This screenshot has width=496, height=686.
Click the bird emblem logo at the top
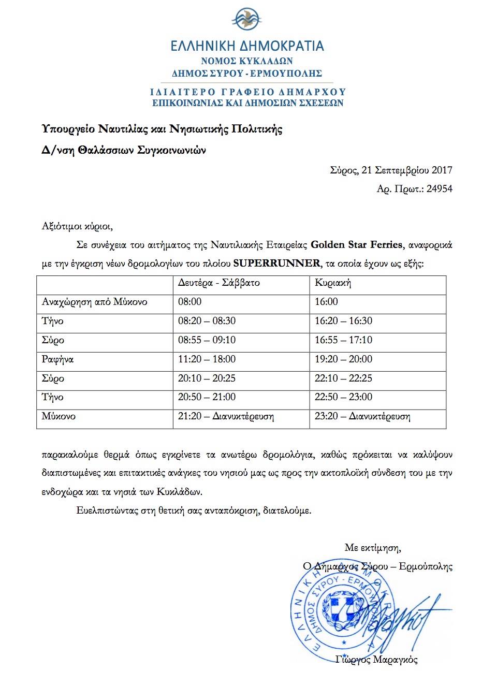[x=247, y=20]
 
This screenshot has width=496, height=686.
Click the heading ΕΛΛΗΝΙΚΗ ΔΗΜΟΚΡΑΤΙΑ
[x=247, y=46]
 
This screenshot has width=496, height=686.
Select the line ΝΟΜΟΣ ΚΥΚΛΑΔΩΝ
[x=247, y=61]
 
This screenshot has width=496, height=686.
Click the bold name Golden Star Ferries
[x=356, y=244]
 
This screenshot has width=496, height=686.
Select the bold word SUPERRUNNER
[x=276, y=263]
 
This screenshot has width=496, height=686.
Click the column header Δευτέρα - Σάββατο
[x=218, y=283]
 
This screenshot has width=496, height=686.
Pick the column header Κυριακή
[x=333, y=283]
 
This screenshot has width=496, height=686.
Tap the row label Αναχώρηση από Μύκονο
[x=94, y=302]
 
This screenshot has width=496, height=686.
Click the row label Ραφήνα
[x=57, y=359]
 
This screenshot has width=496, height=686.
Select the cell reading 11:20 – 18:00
[x=207, y=359]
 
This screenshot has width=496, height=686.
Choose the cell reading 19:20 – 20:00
[x=343, y=359]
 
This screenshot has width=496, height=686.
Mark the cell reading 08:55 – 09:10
[x=207, y=340]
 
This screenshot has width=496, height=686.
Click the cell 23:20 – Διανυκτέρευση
[x=362, y=416]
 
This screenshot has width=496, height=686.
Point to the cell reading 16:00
[x=326, y=302]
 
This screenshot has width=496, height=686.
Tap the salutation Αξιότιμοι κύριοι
[x=77, y=226]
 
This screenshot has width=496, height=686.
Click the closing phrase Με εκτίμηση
[x=373, y=548]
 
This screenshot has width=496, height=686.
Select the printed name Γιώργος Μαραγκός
[x=376, y=660]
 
